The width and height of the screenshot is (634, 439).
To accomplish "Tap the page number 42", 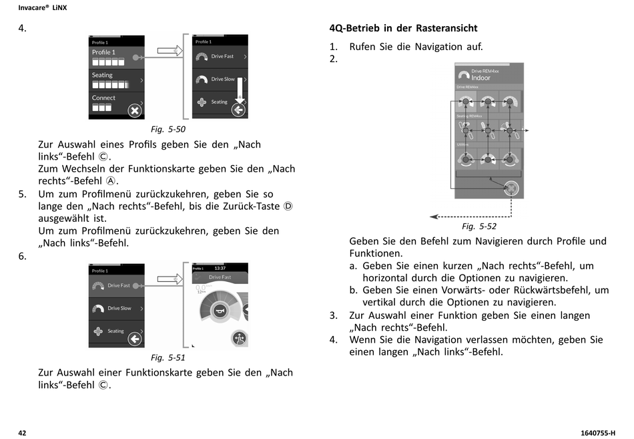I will pos(22,432).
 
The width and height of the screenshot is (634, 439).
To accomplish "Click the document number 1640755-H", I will pos(597,432).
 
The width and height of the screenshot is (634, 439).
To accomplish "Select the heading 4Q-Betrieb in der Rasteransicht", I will pos(403,28).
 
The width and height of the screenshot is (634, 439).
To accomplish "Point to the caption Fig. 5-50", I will pos(168,129).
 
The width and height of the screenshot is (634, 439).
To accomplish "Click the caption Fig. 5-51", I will pos(168,357).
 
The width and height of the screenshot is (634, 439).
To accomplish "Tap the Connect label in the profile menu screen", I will pos(103,98).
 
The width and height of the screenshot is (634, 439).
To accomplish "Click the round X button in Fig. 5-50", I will pos(135,111).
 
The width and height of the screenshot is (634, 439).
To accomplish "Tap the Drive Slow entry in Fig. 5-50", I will pos(222,80).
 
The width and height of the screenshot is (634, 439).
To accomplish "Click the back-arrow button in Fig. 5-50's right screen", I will pos(239,110).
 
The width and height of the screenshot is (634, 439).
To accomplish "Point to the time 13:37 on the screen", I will pos(220,268).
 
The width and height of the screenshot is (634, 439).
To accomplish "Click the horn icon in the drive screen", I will pos(218,311).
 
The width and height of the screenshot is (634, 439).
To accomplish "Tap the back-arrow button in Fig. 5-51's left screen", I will pos(135,339).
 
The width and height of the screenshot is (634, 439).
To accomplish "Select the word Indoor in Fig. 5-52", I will pos(481,78).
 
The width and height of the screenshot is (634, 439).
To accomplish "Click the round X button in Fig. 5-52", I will pos(511,189).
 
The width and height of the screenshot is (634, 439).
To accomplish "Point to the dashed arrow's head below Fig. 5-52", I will pos(433,216).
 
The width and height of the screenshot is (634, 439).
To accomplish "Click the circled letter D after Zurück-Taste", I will pos(288,206).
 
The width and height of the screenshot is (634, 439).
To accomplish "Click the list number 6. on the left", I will pos(23,257).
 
